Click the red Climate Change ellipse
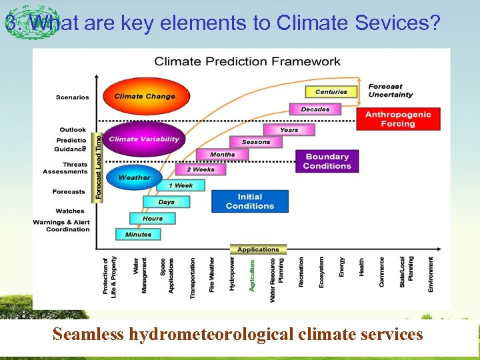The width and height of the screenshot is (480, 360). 145,96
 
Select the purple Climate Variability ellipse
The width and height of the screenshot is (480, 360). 144,139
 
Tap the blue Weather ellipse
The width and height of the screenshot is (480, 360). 134,177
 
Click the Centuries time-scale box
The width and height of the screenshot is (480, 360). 331,92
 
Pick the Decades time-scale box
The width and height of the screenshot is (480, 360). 315,109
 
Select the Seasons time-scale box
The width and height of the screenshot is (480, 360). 256,142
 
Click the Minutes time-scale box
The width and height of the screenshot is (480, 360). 138,234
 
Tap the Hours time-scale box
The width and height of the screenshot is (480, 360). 153,218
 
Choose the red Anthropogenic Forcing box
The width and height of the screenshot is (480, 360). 398,119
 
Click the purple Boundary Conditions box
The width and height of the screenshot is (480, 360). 327,161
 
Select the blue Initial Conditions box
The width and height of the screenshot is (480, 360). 250,201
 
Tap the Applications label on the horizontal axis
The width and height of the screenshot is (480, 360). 258,249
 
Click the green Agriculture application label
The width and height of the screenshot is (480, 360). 252,275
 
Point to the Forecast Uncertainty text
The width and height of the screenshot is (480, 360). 390,91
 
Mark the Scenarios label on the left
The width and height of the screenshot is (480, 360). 73,97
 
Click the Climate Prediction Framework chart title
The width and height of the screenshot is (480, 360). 247,61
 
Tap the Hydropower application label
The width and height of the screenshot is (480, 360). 232,274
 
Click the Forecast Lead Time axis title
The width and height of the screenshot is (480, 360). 98,167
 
